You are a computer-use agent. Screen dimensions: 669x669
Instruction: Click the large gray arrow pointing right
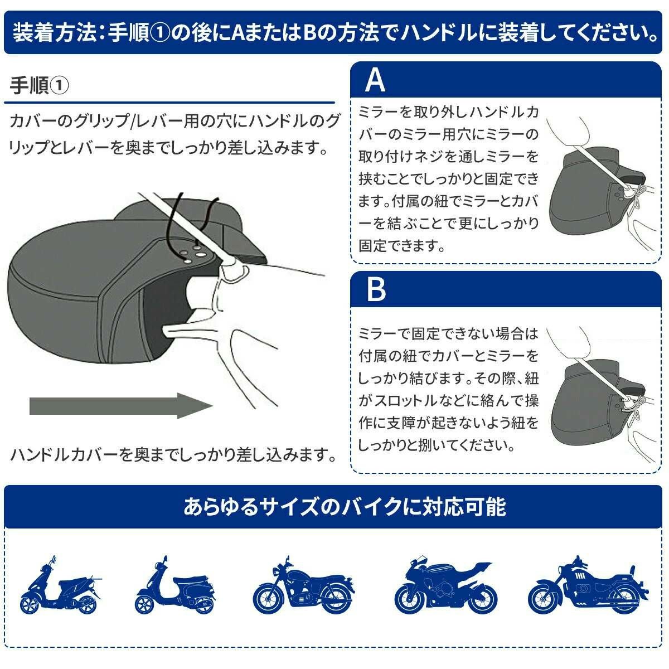[x=121, y=405]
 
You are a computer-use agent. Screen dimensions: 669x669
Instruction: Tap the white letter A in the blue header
[x=375, y=80]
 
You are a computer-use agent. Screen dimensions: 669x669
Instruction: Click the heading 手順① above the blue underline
[x=39, y=85]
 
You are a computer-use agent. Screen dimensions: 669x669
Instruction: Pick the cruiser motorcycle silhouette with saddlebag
[x=588, y=586]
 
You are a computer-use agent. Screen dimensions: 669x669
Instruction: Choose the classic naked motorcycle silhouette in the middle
[x=304, y=586]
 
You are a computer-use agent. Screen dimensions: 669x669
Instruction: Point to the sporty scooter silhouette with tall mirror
[x=61, y=586]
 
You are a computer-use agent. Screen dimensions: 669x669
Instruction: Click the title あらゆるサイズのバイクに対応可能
[x=344, y=507]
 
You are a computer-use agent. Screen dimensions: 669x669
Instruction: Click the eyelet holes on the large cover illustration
[x=195, y=253]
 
